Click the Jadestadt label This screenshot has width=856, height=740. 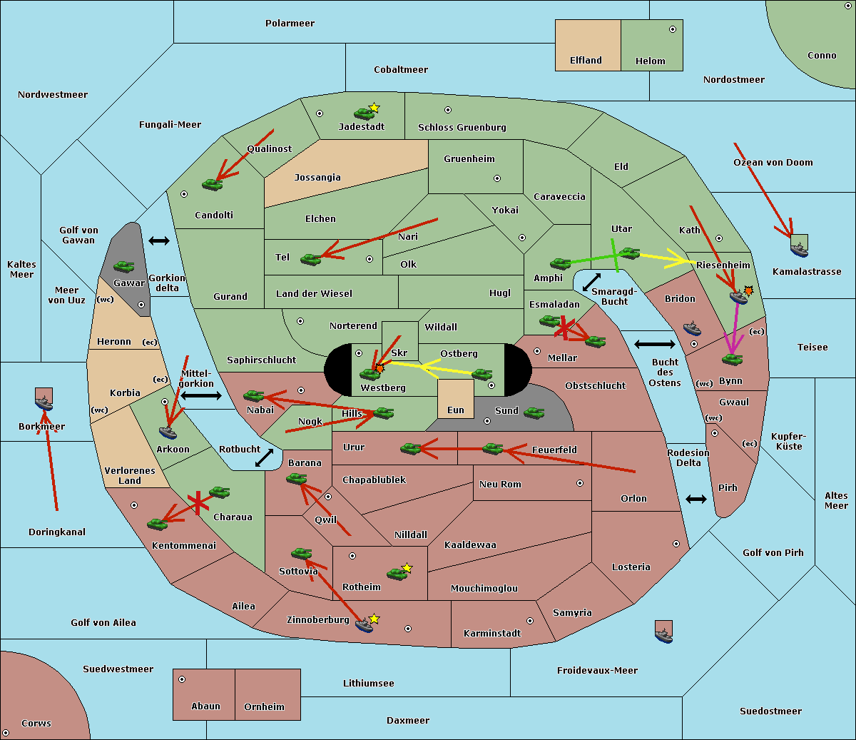[x=362, y=127]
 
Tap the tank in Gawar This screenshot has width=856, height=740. [x=124, y=266]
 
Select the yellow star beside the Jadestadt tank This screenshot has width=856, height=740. [x=374, y=108]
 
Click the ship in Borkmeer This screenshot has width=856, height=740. [x=44, y=402]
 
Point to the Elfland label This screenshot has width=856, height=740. [x=586, y=61]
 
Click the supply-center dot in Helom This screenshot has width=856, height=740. [x=673, y=29]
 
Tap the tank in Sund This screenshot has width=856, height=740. [x=534, y=412]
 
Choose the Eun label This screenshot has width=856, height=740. [x=456, y=410]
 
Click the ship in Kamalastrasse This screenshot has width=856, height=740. [x=799, y=250]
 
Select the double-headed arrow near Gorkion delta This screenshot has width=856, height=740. [x=159, y=240]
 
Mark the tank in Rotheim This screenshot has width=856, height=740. [x=397, y=574]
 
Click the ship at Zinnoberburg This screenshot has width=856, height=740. [x=364, y=625]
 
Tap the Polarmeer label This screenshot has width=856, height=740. [x=290, y=24]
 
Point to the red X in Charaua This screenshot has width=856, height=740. [x=198, y=502]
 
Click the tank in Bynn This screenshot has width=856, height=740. [x=732, y=359]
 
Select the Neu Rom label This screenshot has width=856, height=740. [x=500, y=485]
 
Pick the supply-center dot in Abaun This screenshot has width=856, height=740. [x=182, y=679]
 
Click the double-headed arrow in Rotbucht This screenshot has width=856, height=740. [x=264, y=458]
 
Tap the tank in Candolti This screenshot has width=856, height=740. [x=212, y=184]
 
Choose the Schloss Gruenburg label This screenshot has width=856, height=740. [x=462, y=128]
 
